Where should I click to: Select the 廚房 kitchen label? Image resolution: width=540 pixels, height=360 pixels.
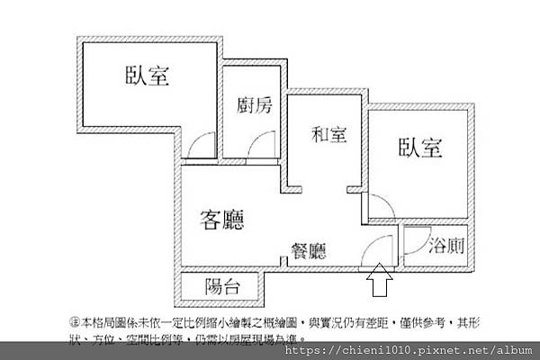point(255,104)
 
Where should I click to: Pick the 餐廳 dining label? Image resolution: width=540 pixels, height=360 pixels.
point(309,252)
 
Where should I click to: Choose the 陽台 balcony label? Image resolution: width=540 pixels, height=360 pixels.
point(221,288)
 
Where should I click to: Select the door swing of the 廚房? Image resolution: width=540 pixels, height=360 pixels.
point(264,147)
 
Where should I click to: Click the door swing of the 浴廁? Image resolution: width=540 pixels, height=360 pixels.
point(416,239)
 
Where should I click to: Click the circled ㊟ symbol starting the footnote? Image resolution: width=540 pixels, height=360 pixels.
point(74,322)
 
